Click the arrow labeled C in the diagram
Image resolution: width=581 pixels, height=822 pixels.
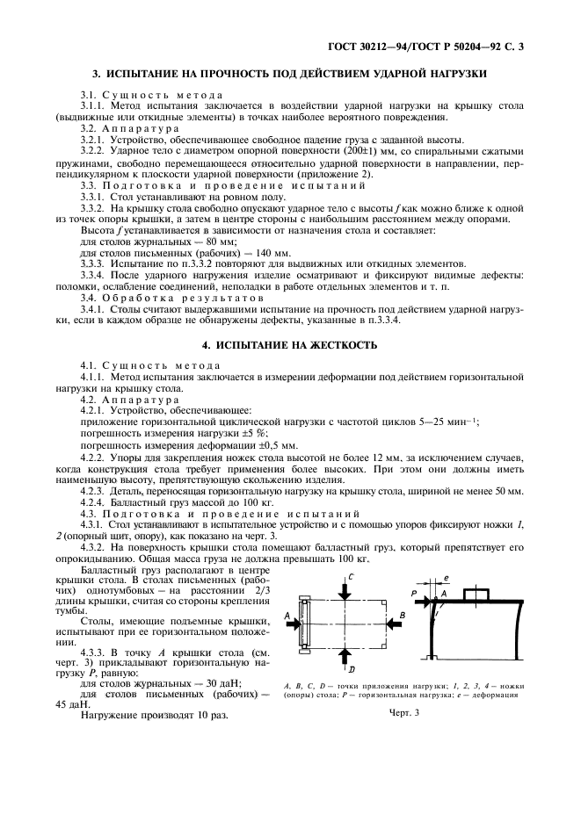click(x=350, y=586)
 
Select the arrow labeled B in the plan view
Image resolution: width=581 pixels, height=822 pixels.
click(x=392, y=623)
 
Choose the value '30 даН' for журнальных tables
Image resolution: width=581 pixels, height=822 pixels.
click(x=201, y=681)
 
